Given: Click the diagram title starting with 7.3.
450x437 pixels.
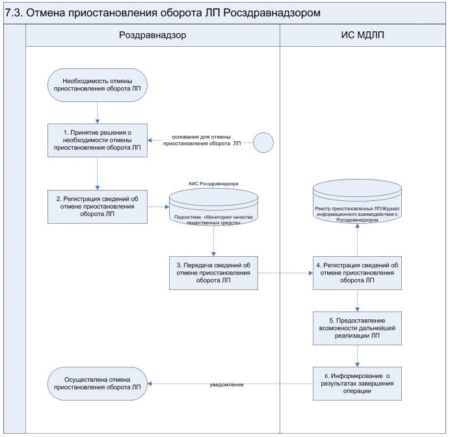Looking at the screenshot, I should [163, 13].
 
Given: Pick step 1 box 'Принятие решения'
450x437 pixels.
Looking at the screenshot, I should [96, 140].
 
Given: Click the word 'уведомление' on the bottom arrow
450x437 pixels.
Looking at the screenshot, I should [226, 385].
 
